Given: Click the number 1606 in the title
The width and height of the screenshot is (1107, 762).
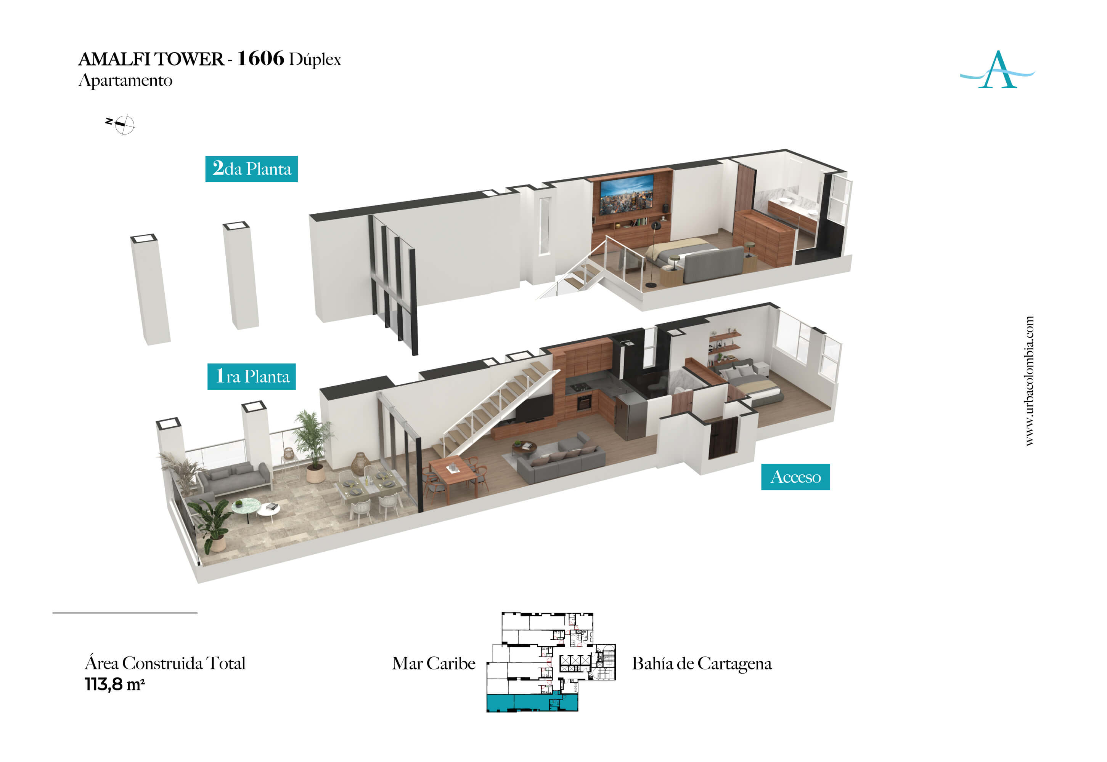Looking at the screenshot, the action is tap(261, 58).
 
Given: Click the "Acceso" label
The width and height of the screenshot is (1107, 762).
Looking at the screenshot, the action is tap(795, 477).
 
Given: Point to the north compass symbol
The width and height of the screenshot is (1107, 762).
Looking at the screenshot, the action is tap(122, 124).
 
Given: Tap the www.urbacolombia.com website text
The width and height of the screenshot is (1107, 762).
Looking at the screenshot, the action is tap(1029, 381).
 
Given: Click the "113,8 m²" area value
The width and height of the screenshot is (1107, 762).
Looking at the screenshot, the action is tap(115, 684).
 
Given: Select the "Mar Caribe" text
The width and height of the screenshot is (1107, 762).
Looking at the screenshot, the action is tap(433, 663).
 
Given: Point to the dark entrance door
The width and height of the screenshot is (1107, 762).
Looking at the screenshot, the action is tap(722, 437).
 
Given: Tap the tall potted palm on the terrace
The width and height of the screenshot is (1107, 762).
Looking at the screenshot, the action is tap(312, 444).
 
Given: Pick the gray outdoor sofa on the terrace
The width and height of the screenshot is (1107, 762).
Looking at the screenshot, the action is tap(235, 478).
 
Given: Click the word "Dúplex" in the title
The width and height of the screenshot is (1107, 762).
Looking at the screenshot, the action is tap(315, 60).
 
